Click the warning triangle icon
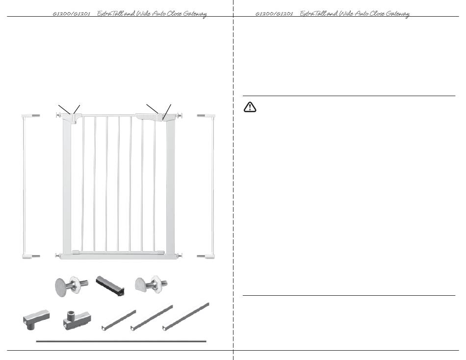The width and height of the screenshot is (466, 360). pyautogui.click(x=250, y=107)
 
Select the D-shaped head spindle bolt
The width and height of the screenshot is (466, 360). pyautogui.click(x=151, y=284)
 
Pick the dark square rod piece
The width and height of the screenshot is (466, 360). pyautogui.click(x=110, y=286)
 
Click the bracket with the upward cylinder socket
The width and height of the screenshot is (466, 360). pyautogui.click(x=77, y=320)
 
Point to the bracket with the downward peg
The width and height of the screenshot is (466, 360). pyautogui.click(x=36, y=319)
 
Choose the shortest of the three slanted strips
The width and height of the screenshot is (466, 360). pyautogui.click(x=119, y=320)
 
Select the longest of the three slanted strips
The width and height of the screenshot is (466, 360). pyautogui.click(x=186, y=316)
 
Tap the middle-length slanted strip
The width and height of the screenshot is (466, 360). pyautogui.click(x=152, y=317)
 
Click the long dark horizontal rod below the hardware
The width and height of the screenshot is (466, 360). pyautogui.click(x=121, y=341)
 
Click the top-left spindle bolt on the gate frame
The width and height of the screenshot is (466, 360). pyautogui.click(x=59, y=115)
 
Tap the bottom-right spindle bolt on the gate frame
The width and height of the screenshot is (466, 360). pyautogui.click(x=179, y=255)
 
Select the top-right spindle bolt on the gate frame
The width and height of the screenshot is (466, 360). pyautogui.click(x=179, y=115)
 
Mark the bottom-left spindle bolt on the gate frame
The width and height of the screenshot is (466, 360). pyautogui.click(x=59, y=255)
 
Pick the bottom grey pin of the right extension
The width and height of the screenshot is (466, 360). pyautogui.click(x=201, y=256)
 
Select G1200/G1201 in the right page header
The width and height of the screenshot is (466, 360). pyautogui.click(x=274, y=14)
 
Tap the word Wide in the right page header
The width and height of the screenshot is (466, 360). pyautogui.click(x=346, y=13)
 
